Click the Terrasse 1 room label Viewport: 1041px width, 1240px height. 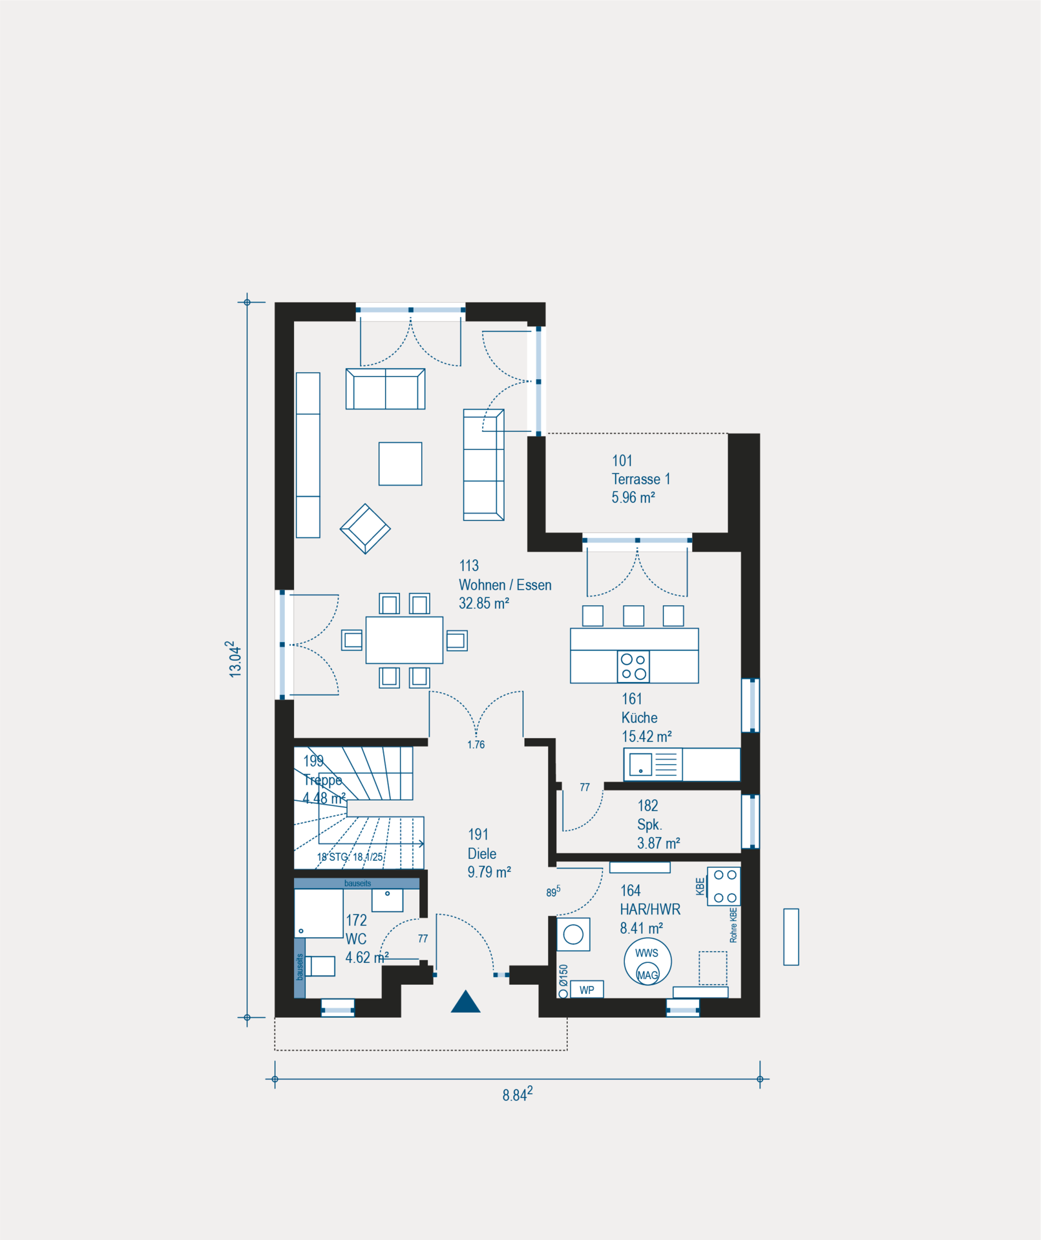[641, 479]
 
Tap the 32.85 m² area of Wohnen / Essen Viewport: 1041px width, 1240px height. [484, 603]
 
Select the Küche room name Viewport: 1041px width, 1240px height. [639, 718]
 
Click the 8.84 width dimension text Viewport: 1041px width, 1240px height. [518, 1094]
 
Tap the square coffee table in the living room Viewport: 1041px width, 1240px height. [400, 464]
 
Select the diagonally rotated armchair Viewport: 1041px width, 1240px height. [365, 528]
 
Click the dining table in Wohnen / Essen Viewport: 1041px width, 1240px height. [405, 640]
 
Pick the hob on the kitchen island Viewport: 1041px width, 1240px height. [633, 667]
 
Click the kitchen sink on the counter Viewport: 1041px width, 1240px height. [641, 765]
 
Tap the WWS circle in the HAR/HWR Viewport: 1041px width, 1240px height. [647, 962]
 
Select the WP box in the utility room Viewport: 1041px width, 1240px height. [587, 989]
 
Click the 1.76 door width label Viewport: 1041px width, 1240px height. [476, 745]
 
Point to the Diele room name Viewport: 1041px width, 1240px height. [481, 854]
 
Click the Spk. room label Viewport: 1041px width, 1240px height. [649, 825]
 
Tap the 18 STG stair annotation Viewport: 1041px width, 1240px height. [332, 857]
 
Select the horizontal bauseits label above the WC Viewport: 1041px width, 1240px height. [357, 883]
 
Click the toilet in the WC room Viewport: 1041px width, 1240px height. [320, 966]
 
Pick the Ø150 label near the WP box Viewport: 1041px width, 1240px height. [563, 975]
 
